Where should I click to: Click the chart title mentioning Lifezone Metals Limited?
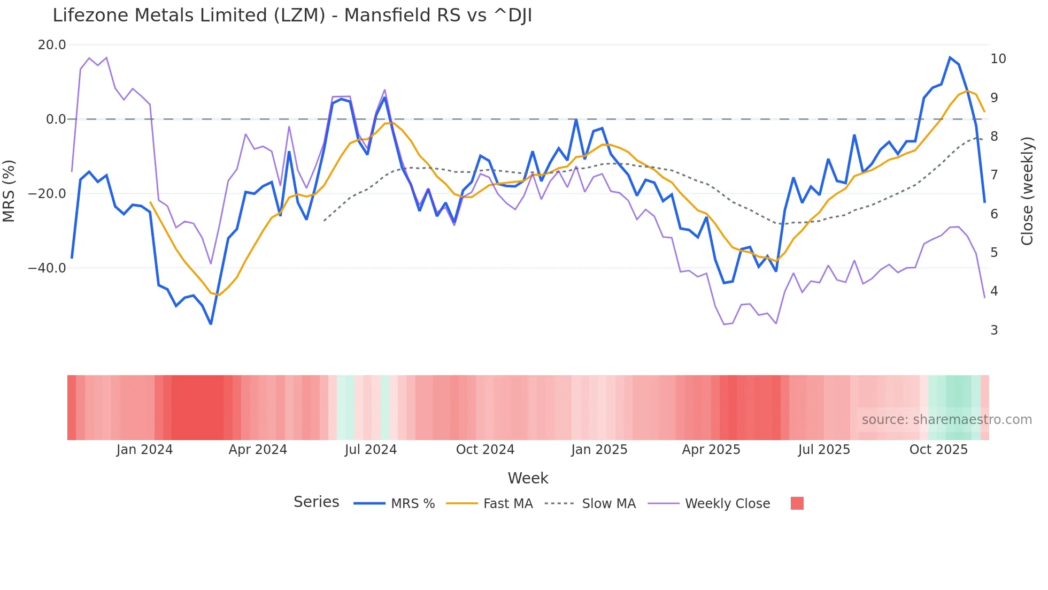[292, 16]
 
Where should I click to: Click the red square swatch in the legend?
[797, 503]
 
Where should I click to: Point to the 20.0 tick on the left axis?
[52, 45]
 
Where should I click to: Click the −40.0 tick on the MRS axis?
[47, 268]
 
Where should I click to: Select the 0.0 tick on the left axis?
[56, 119]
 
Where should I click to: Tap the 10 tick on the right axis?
[998, 59]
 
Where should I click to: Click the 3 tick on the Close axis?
[994, 330]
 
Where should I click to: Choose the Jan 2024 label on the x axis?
[144, 450]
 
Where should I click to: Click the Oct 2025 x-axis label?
[938, 450]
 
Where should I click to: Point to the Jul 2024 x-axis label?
[371, 450]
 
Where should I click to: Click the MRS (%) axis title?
[9, 191]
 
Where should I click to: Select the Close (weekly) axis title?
[1027, 191]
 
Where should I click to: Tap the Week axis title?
[528, 478]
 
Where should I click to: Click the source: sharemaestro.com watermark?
[946, 420]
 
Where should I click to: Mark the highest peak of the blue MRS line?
[950, 57]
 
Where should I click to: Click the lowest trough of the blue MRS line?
[211, 324]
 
